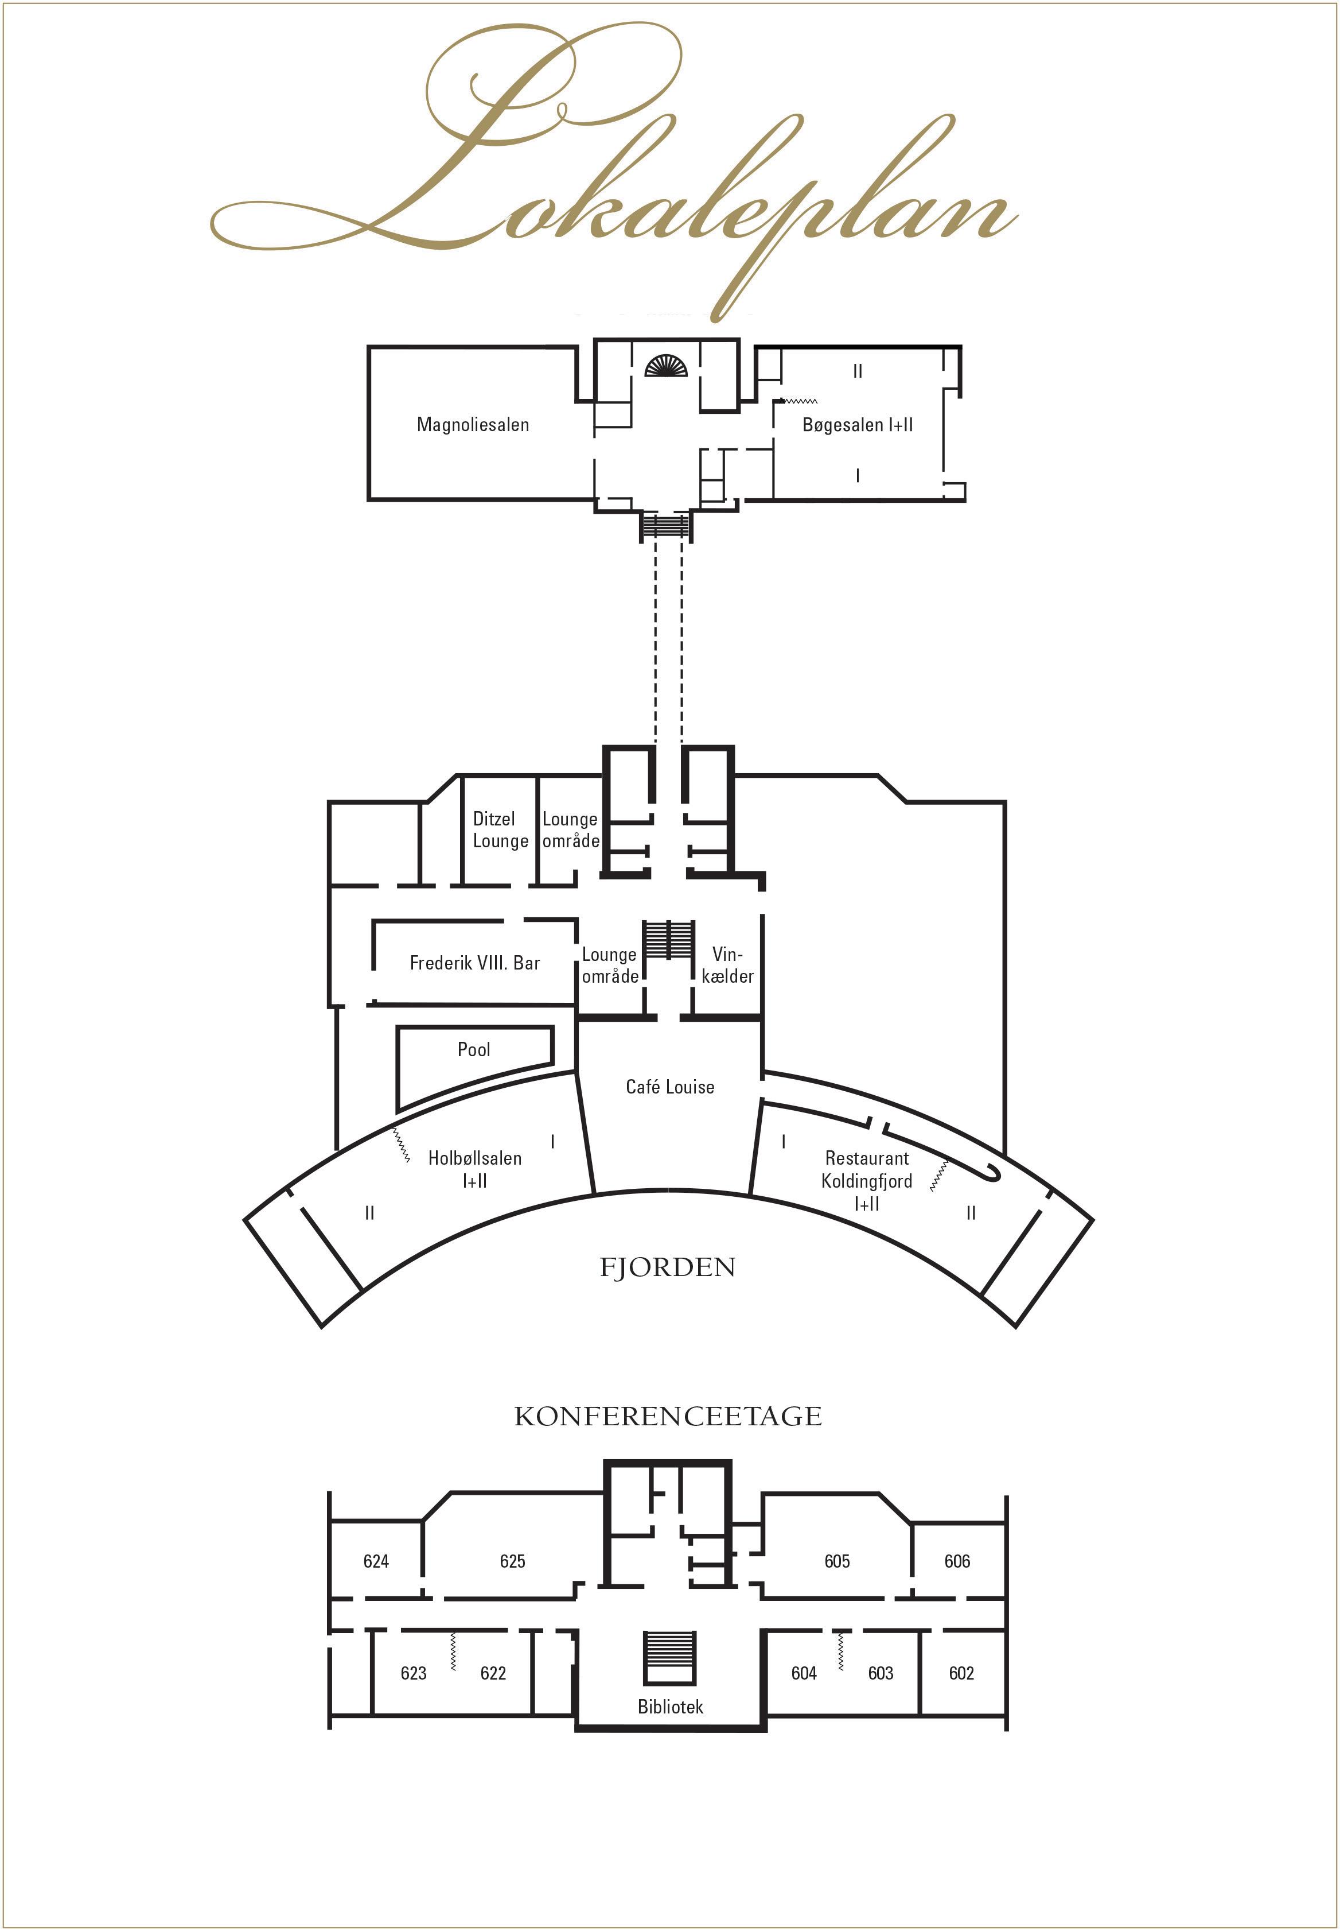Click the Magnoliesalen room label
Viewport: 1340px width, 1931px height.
473,424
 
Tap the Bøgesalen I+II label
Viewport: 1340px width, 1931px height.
857,425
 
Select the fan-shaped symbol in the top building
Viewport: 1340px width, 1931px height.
666,366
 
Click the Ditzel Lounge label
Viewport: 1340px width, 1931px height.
500,829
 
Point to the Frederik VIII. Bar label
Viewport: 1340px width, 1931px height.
474,963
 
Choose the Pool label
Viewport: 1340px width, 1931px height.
474,1049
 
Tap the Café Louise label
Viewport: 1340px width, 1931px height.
670,1087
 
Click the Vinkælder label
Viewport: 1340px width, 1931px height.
727,965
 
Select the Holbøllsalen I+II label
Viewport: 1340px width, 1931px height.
474,1168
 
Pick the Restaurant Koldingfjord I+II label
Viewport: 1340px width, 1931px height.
866,1180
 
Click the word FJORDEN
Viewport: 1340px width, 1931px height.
668,1267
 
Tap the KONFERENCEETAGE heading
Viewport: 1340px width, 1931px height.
668,1416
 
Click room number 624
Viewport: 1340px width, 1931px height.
376,1561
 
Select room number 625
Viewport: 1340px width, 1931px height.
512,1561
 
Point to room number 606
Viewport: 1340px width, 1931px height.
957,1561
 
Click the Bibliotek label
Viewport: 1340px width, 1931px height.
670,1706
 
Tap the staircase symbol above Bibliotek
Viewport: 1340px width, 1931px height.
669,1658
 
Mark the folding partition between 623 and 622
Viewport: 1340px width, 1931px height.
453,1651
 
